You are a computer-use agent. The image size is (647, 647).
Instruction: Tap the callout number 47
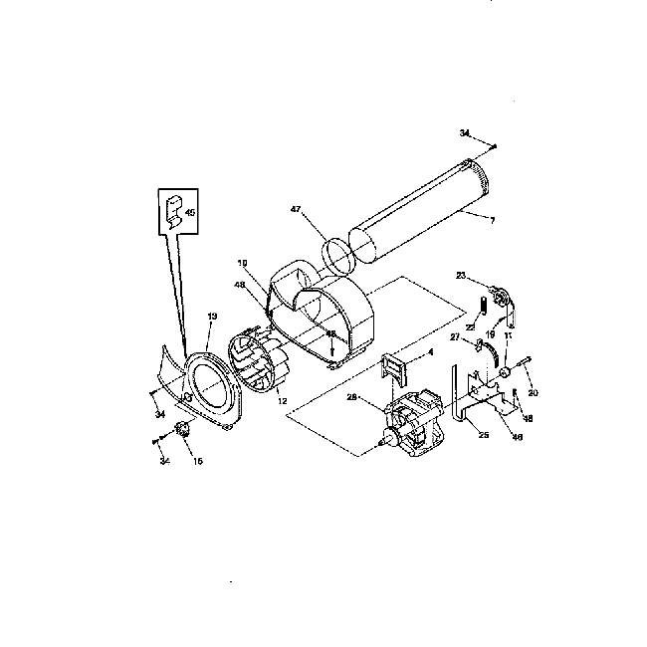tap(296, 209)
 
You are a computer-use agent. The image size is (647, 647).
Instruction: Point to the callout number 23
tap(461, 275)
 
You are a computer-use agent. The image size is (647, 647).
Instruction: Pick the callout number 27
tap(454, 338)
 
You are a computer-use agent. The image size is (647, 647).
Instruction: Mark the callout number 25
tap(484, 435)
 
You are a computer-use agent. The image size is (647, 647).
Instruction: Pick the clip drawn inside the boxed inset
tap(173, 209)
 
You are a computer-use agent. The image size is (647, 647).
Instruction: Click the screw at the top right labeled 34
tap(493, 145)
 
